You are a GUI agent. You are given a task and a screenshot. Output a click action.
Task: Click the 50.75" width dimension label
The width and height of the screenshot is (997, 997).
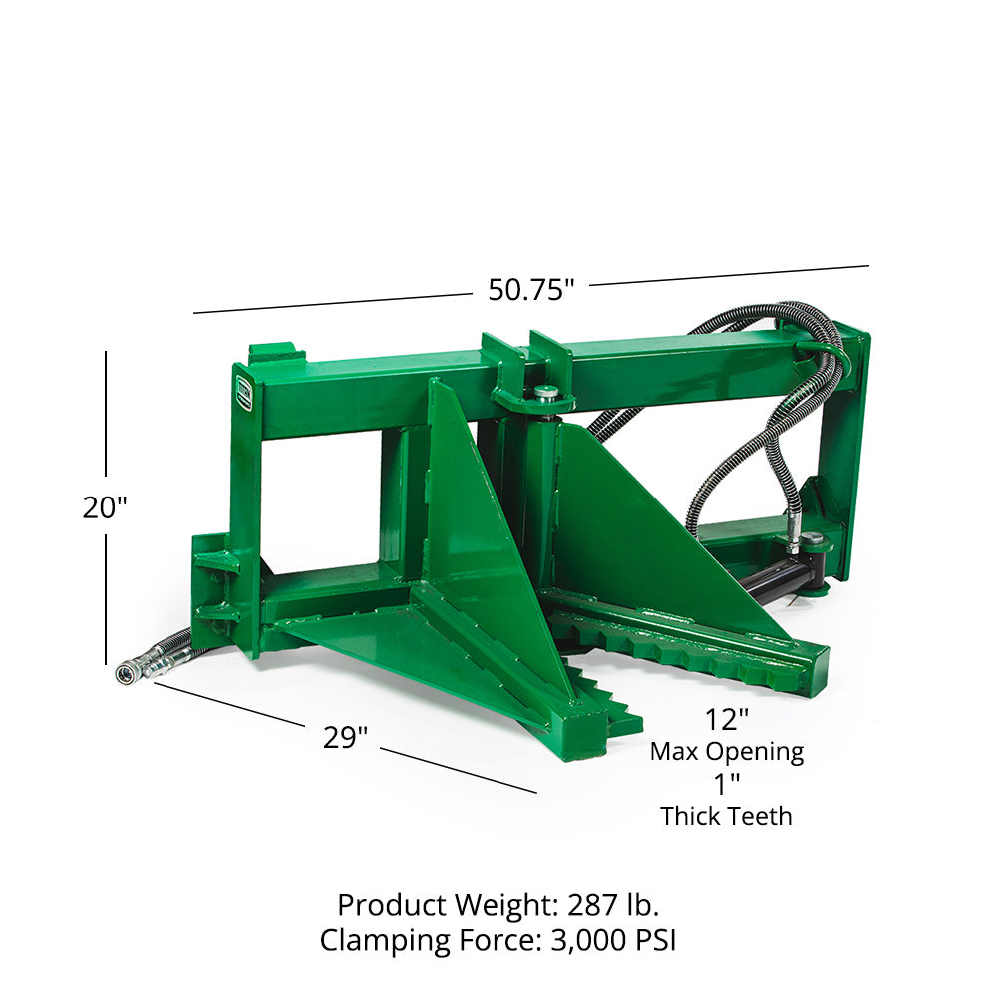pyautogui.click(x=530, y=290)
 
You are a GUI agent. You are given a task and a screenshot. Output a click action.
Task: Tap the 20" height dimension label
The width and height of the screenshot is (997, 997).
pyautogui.click(x=105, y=507)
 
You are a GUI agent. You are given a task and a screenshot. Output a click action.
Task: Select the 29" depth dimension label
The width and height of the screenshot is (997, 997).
pyautogui.click(x=345, y=738)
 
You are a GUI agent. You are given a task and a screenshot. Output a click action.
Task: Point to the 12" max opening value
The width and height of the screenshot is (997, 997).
pyautogui.click(x=726, y=719)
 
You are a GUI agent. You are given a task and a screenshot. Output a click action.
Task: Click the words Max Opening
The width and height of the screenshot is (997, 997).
pyautogui.click(x=726, y=751)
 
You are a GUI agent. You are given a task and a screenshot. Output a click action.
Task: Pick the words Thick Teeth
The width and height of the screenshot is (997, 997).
pyautogui.click(x=726, y=816)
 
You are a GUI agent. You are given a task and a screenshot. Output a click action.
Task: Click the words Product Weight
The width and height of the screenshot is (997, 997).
pyautogui.click(x=447, y=905)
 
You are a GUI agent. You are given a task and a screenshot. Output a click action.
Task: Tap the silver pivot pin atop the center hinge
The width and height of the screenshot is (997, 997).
pyautogui.click(x=545, y=393)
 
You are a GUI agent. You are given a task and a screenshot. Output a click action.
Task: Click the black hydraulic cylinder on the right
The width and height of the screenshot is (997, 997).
pyautogui.click(x=783, y=580)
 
